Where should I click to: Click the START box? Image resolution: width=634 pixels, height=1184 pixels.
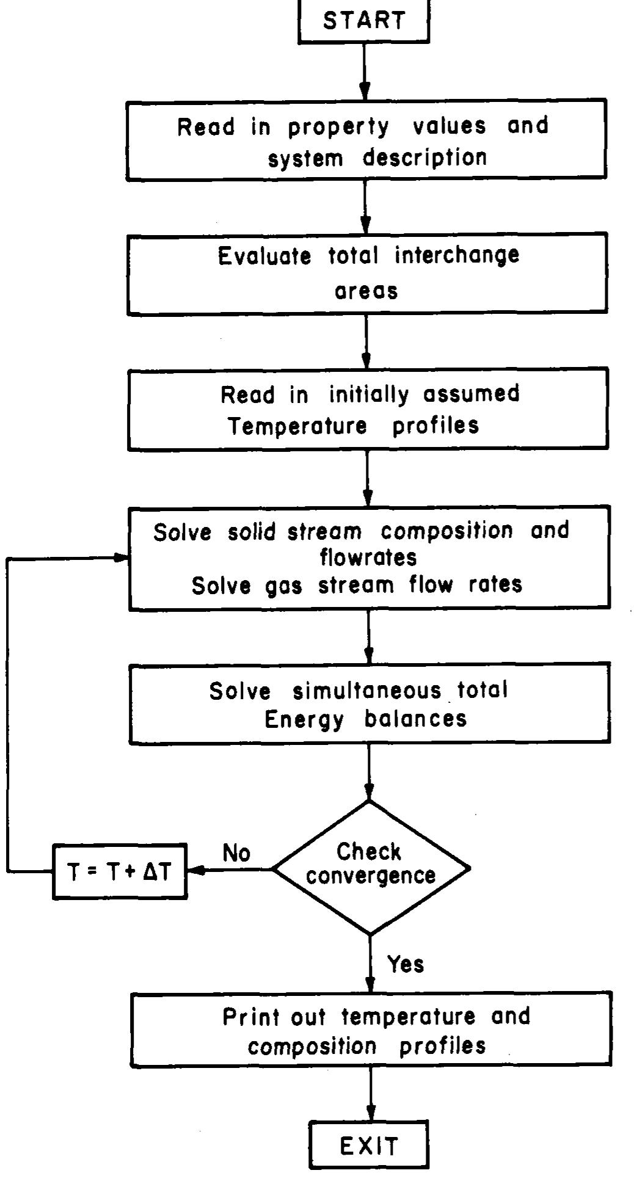364,20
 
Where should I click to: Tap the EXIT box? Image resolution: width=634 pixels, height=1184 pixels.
369,1146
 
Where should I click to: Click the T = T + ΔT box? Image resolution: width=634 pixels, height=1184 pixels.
120,871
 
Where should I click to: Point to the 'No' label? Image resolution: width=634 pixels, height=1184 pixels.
236,852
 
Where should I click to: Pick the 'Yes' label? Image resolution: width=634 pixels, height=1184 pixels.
406,964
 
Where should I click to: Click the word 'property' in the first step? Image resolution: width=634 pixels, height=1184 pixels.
338,127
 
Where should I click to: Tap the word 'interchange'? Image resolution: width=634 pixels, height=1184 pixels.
457,255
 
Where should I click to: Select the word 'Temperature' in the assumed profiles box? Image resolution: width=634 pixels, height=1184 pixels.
298,426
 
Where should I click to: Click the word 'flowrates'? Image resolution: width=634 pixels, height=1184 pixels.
369,557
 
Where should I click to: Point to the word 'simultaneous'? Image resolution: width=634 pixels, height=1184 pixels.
366,691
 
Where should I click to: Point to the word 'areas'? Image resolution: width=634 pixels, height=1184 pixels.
366,291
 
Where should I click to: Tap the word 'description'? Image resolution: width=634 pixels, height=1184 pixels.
425,158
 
